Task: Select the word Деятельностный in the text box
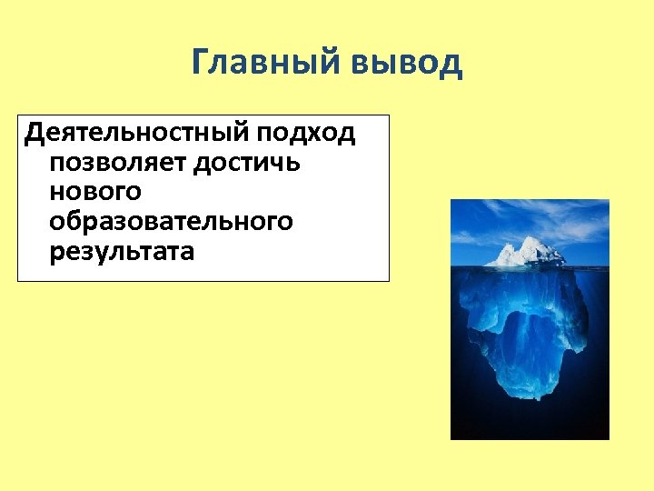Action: pos(136,135)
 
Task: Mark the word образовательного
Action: pos(173,221)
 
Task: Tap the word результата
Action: pos(123,251)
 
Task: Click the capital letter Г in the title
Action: pos(202,64)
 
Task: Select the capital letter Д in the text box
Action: pos(35,135)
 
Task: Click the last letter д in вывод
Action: pos(451,65)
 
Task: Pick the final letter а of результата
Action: pos(187,252)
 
